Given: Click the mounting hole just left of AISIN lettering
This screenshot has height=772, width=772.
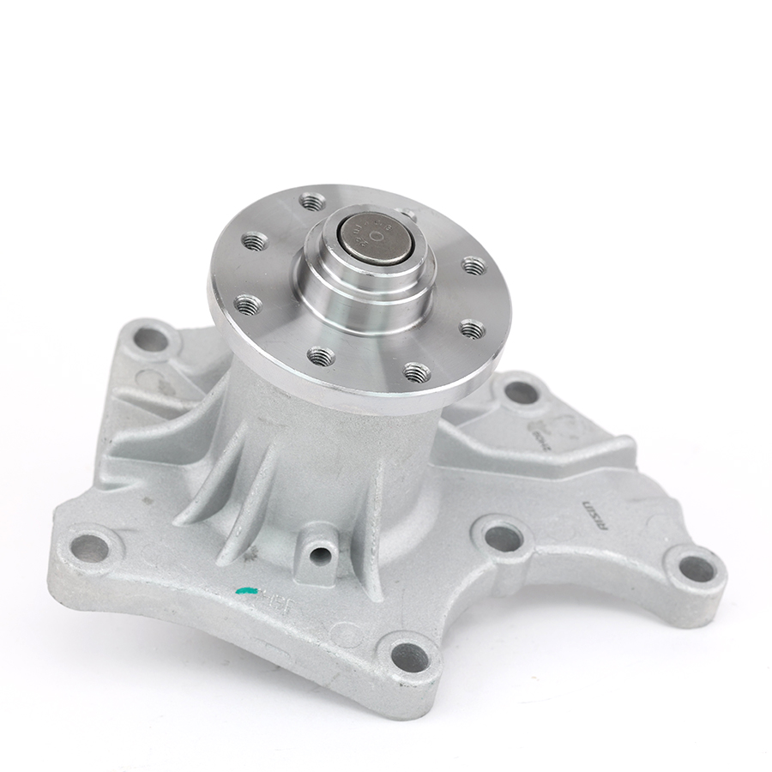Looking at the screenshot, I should click(504, 537).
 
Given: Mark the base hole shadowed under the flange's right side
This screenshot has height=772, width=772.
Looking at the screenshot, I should click(521, 393).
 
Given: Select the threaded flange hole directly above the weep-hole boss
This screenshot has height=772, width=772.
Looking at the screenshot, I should click(322, 354).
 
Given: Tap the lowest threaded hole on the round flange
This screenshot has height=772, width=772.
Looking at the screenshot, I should click(417, 371).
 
